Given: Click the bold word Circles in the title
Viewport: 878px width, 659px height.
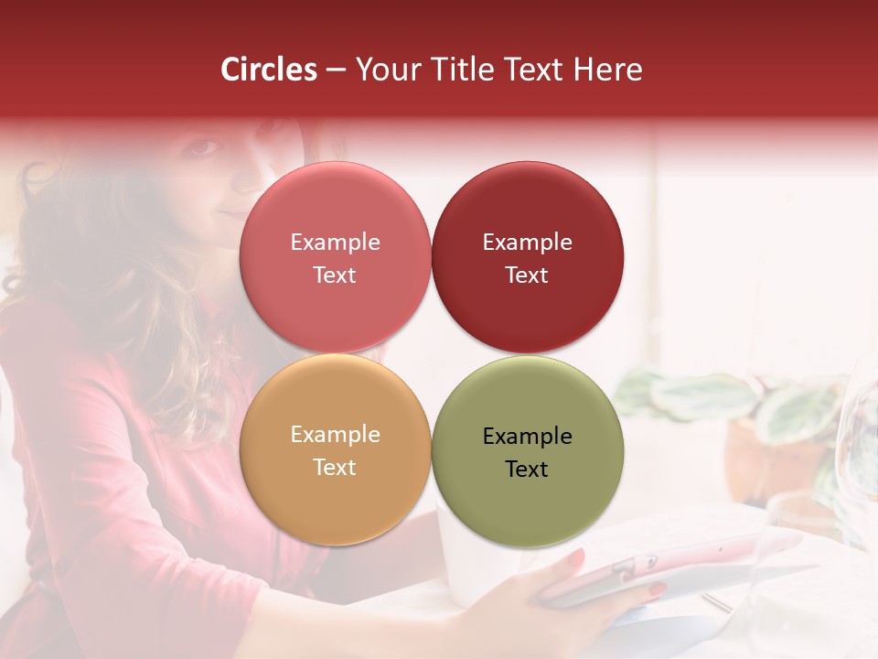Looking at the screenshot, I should [x=269, y=70].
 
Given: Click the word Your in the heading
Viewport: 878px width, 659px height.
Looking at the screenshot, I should [x=386, y=70].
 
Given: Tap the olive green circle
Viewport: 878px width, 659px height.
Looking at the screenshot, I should [x=528, y=494].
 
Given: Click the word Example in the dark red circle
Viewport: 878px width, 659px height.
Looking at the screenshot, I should [x=528, y=243].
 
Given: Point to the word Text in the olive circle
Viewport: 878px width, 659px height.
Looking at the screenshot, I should [x=527, y=470].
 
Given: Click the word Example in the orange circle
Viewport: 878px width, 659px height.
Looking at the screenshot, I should [x=335, y=435].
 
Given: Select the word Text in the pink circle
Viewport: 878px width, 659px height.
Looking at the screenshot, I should [x=335, y=275].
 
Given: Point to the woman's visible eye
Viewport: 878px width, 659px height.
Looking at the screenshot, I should [x=206, y=146].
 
